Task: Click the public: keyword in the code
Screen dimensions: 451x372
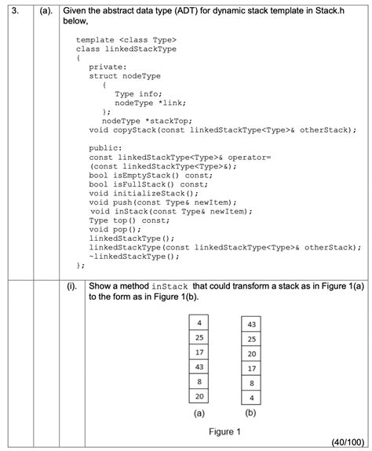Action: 107,147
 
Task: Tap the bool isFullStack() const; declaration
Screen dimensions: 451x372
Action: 148,184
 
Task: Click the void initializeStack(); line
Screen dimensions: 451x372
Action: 139,193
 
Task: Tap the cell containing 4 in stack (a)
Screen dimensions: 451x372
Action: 199,322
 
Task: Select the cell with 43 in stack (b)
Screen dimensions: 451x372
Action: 251,324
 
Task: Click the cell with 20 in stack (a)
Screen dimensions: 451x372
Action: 199,397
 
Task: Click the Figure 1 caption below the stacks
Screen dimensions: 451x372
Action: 225,431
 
